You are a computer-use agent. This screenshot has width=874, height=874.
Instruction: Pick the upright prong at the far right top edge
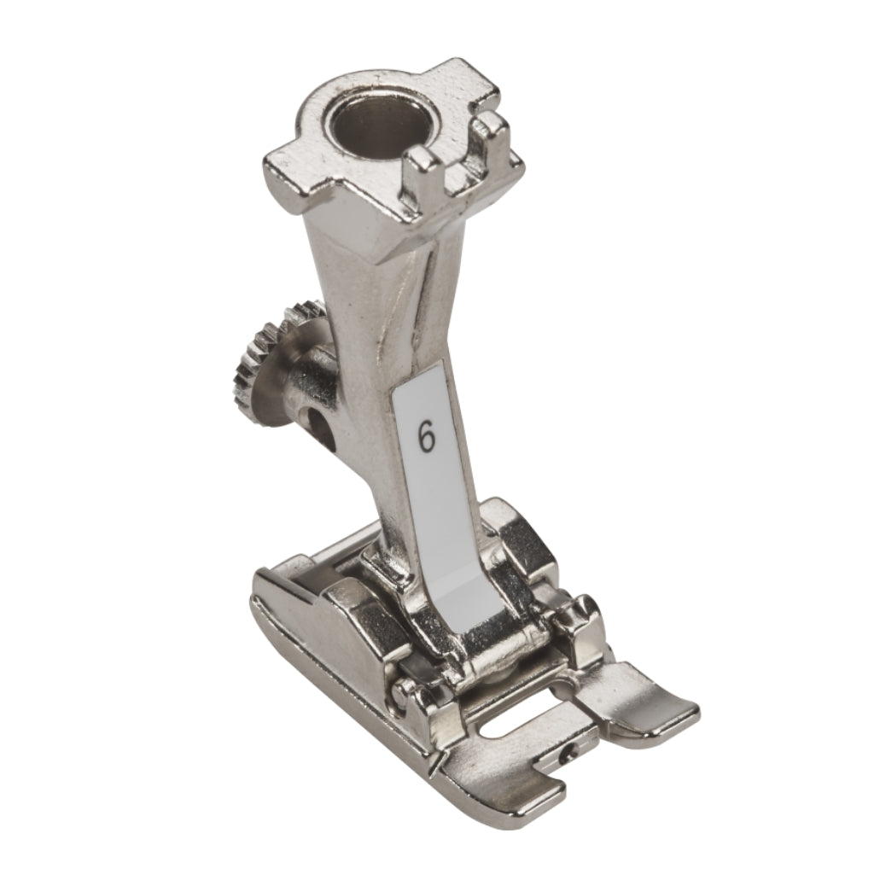[x=492, y=138]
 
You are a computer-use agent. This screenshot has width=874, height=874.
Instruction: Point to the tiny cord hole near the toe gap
[x=568, y=754]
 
